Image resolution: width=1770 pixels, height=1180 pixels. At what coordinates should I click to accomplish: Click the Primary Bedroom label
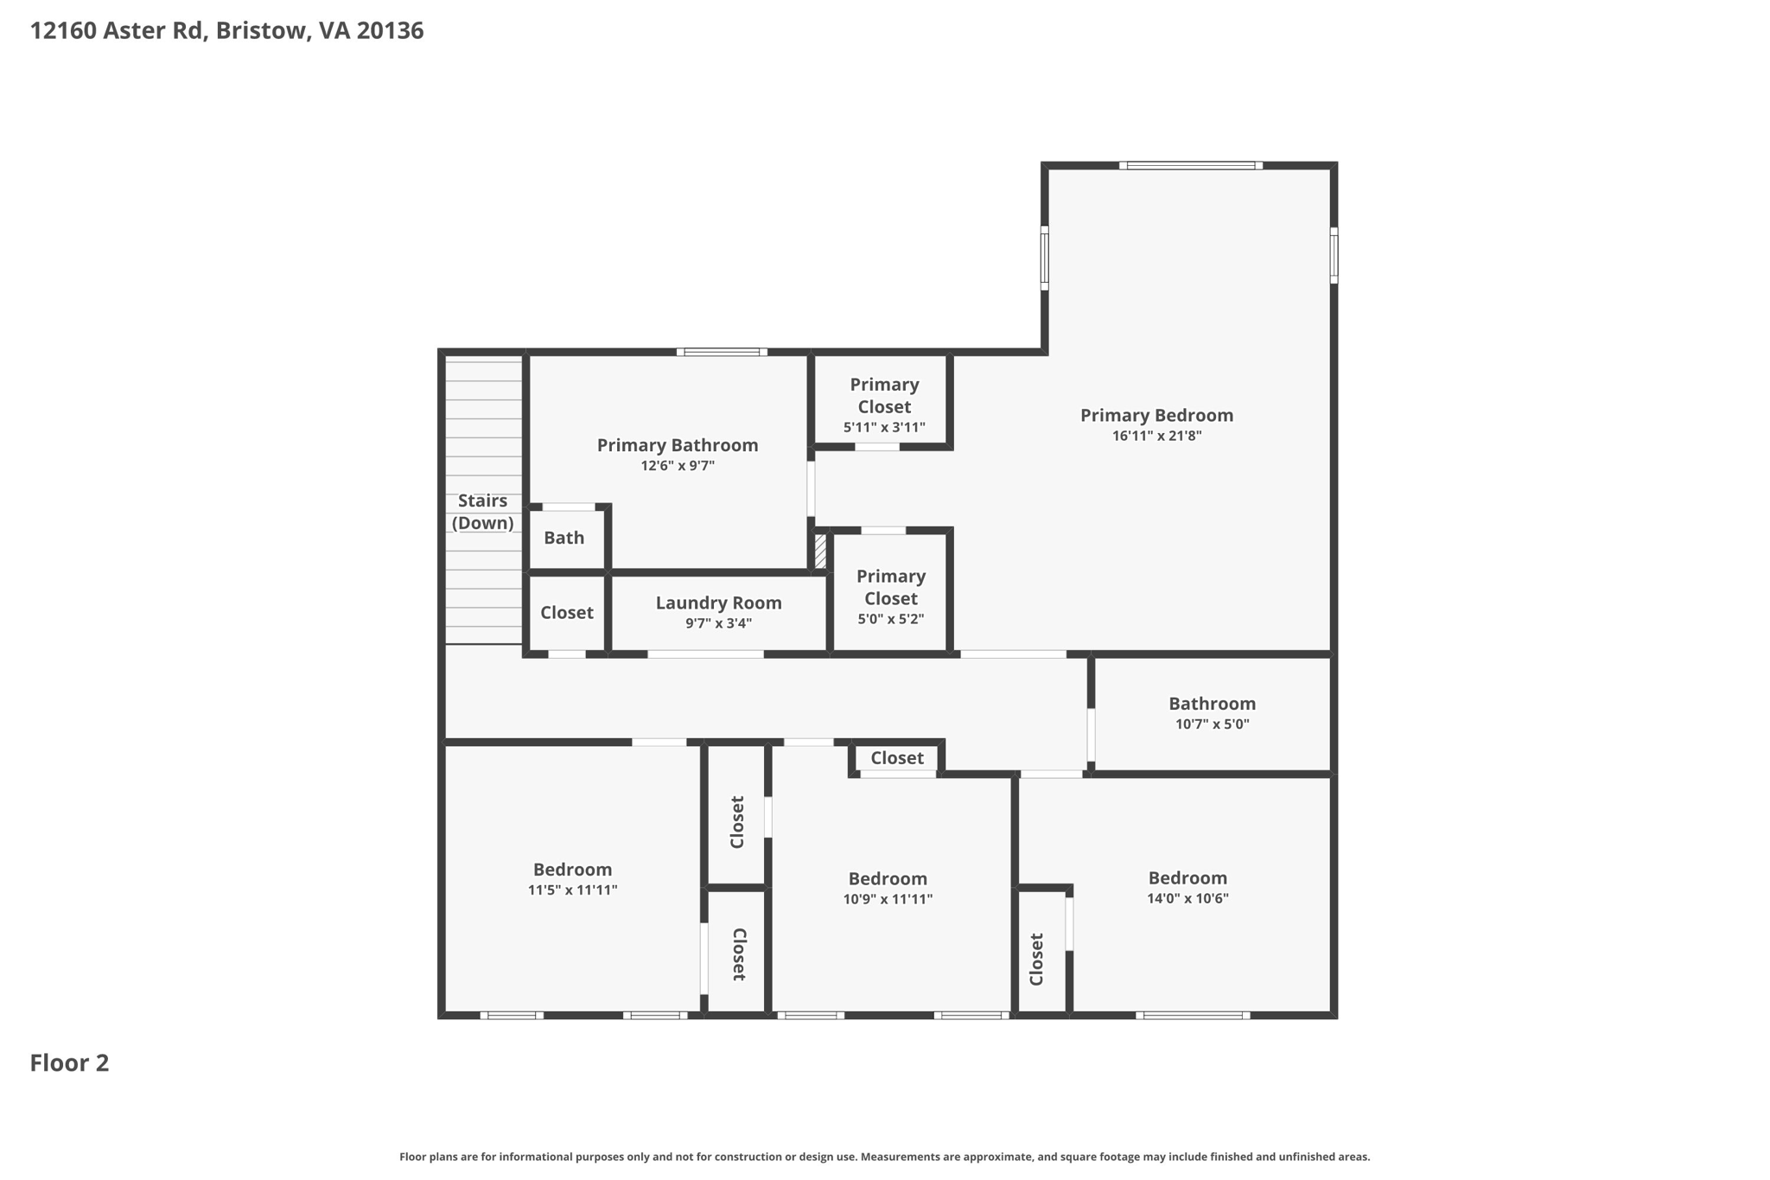[1156, 415]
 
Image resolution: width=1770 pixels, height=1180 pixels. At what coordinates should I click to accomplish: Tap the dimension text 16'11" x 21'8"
[1156, 437]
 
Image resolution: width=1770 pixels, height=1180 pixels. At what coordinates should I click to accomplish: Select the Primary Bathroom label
[678, 445]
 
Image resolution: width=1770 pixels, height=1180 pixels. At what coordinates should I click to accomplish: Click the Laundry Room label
[718, 603]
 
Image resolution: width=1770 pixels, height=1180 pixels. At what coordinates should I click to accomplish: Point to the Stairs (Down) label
[483, 512]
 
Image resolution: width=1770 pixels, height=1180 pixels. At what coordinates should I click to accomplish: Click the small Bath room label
[564, 538]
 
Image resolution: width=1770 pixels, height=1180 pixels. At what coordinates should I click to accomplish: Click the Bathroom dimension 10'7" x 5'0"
[1213, 724]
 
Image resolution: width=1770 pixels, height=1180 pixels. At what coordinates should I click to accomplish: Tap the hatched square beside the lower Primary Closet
[820, 552]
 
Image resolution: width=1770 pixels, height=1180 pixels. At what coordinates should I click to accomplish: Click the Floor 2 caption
[70, 1063]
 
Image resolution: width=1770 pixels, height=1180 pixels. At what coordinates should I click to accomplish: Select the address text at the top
[227, 31]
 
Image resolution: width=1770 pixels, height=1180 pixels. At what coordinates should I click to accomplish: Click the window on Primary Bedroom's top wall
[1191, 165]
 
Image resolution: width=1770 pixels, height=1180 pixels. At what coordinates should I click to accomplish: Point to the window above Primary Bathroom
[722, 352]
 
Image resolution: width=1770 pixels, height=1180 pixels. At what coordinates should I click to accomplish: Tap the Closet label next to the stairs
[567, 613]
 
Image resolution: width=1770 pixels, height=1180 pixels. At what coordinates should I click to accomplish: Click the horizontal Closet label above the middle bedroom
[897, 758]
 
